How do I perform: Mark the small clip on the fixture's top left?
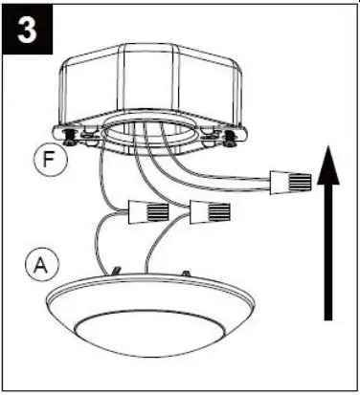(115, 272)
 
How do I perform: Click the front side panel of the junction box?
(153, 96)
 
